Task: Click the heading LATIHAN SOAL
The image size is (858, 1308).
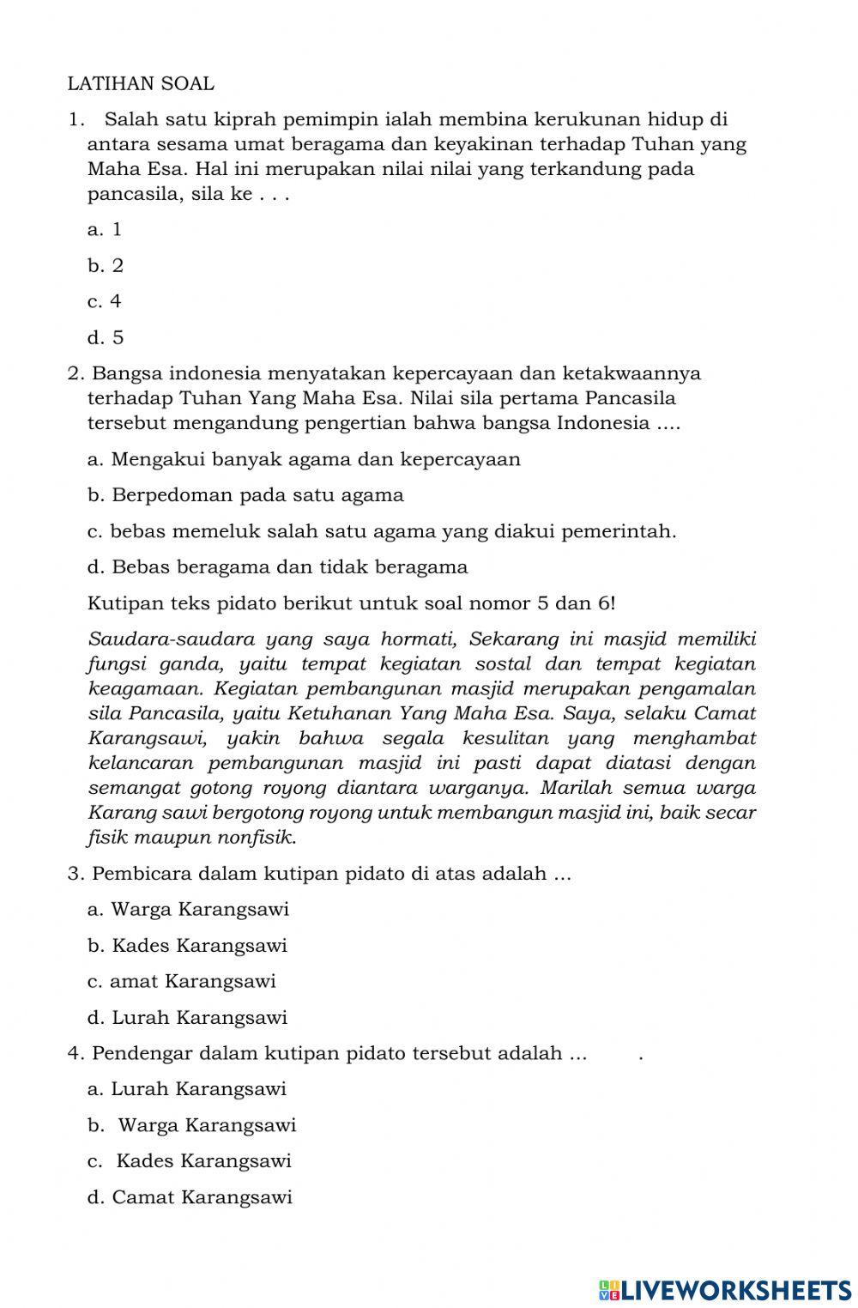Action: click(141, 84)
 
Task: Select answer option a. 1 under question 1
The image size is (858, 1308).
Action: click(105, 229)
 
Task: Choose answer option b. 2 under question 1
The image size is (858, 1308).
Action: click(106, 266)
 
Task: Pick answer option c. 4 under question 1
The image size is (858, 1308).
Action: click(105, 301)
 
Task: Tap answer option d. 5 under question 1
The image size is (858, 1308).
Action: click(106, 338)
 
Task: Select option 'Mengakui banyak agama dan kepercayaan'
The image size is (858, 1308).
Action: click(304, 459)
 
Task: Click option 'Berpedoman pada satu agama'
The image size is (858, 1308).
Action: click(245, 495)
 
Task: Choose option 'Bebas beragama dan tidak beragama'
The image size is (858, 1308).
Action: click(278, 567)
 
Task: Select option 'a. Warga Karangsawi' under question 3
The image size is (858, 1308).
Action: click(188, 909)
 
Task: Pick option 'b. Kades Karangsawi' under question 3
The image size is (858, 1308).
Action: click(187, 946)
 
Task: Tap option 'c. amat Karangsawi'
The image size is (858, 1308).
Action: click(181, 981)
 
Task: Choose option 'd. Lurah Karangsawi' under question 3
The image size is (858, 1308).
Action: click(187, 1018)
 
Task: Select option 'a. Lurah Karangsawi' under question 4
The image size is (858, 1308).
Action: click(187, 1089)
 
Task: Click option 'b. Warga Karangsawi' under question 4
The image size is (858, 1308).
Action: click(191, 1125)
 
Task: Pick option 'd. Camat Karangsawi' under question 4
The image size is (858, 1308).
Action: click(190, 1197)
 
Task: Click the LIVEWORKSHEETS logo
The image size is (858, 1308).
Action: click(725, 1289)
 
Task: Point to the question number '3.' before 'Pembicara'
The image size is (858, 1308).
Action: click(76, 874)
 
